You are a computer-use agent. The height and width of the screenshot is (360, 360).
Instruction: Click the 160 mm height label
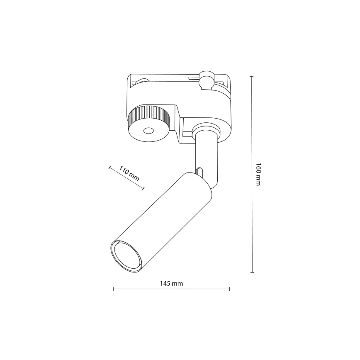(258, 174)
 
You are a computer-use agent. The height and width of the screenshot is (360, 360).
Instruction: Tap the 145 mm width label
(171, 284)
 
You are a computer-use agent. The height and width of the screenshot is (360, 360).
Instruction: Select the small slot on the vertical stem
(200, 172)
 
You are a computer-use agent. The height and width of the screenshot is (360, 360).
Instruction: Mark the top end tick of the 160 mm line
(252, 76)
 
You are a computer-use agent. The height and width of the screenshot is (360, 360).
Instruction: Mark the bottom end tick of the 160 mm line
(252, 272)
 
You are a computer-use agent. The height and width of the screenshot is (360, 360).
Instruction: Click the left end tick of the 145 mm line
(113, 289)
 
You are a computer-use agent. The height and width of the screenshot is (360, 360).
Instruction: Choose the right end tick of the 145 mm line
(230, 289)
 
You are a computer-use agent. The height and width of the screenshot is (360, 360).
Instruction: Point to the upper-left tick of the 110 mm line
(109, 168)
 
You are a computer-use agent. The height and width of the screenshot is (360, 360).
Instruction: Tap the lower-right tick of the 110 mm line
(144, 189)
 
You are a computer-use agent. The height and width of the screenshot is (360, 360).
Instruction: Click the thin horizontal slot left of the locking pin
(193, 78)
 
